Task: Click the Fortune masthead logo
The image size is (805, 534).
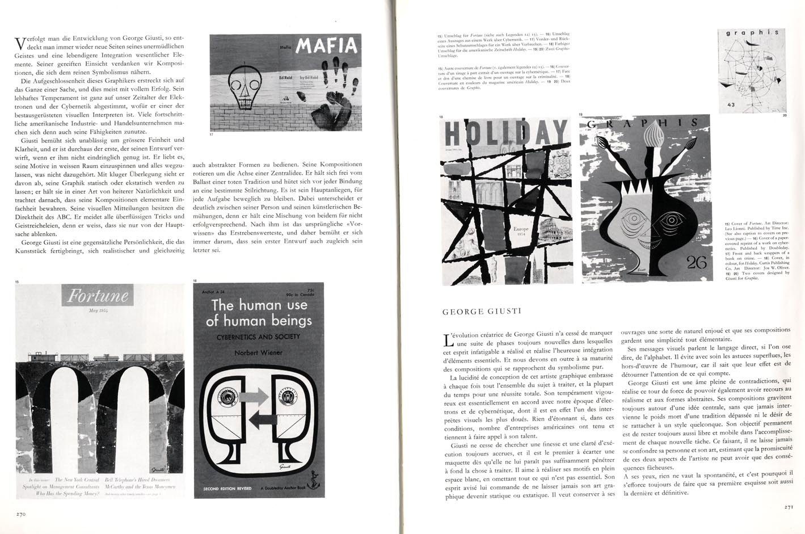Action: click(98, 296)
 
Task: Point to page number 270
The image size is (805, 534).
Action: click(22, 513)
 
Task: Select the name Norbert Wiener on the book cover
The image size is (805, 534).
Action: click(258, 352)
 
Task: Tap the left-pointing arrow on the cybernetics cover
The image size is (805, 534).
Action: click(262, 419)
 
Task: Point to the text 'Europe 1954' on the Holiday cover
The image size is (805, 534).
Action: click(520, 232)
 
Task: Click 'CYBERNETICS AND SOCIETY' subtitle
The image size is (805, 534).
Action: click(259, 337)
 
